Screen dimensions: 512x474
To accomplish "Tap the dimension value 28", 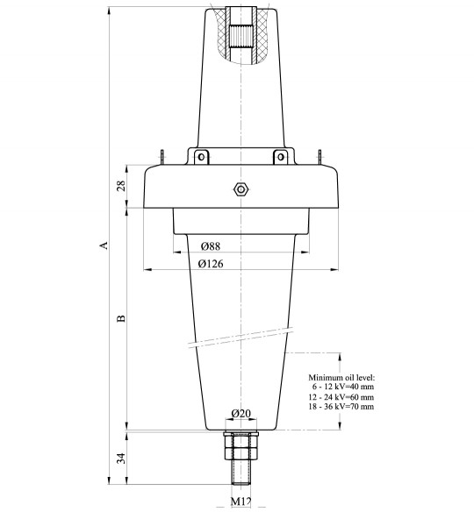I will click(121, 186).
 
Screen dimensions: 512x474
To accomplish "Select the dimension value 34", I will click(121, 457).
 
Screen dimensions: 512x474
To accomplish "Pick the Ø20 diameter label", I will click(240, 414).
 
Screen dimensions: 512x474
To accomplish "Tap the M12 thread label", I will click(241, 501).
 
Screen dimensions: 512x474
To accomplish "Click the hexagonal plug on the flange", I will click(241, 188).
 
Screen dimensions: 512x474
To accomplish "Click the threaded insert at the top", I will click(241, 31).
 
